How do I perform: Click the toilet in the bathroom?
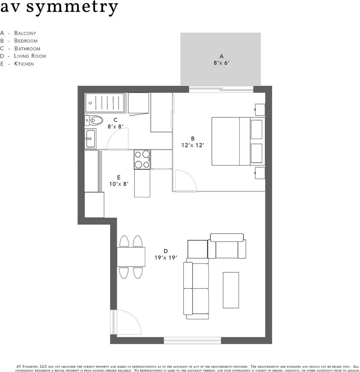click(93, 120)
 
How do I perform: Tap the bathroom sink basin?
click(90, 139)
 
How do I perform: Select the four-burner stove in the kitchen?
click(142, 159)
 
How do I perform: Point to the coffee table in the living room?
click(231, 290)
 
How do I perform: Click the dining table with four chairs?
click(131, 257)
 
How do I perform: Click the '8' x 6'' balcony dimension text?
click(221, 63)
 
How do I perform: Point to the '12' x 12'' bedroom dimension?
click(193, 145)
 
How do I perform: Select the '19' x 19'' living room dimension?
click(165, 258)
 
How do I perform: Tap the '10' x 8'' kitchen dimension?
click(119, 184)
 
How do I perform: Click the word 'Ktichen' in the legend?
click(24, 64)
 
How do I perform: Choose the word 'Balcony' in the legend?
click(25, 33)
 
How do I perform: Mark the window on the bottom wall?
click(193, 341)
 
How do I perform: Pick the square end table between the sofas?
click(198, 249)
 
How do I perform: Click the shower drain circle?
click(90, 103)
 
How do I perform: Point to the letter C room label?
click(115, 120)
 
